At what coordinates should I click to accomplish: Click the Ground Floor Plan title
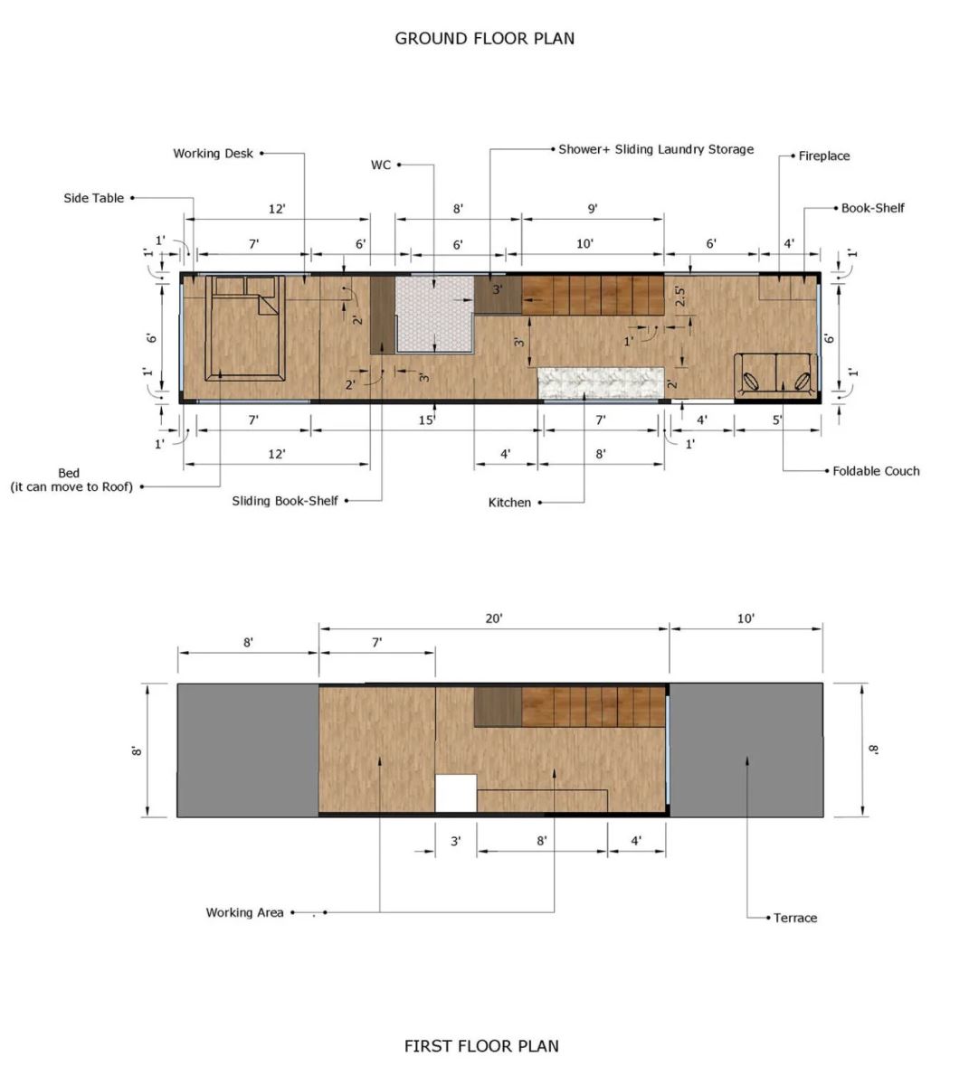tap(485, 39)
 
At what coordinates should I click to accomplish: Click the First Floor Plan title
tap(481, 1046)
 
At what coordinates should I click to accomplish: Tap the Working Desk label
tap(213, 154)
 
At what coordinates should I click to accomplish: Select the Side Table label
tap(94, 198)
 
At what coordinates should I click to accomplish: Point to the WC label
tap(381, 165)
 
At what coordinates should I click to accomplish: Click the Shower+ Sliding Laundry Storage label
tap(656, 149)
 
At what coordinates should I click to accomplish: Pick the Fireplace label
tap(823, 156)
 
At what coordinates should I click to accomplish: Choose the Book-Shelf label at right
tap(872, 208)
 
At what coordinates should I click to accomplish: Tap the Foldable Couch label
tap(876, 471)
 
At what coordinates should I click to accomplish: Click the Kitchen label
tap(509, 503)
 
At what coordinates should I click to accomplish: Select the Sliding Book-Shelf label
tap(285, 501)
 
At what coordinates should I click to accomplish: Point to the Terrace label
tap(794, 918)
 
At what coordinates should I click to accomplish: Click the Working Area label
tap(244, 912)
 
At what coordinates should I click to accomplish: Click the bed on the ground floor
tap(245, 328)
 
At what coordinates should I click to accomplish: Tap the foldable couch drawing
tap(776, 375)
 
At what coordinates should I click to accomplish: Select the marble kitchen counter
tap(601, 382)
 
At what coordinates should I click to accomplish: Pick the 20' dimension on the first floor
tap(494, 619)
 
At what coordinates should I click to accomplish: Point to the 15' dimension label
tap(427, 420)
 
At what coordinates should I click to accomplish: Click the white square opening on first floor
tap(456, 793)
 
